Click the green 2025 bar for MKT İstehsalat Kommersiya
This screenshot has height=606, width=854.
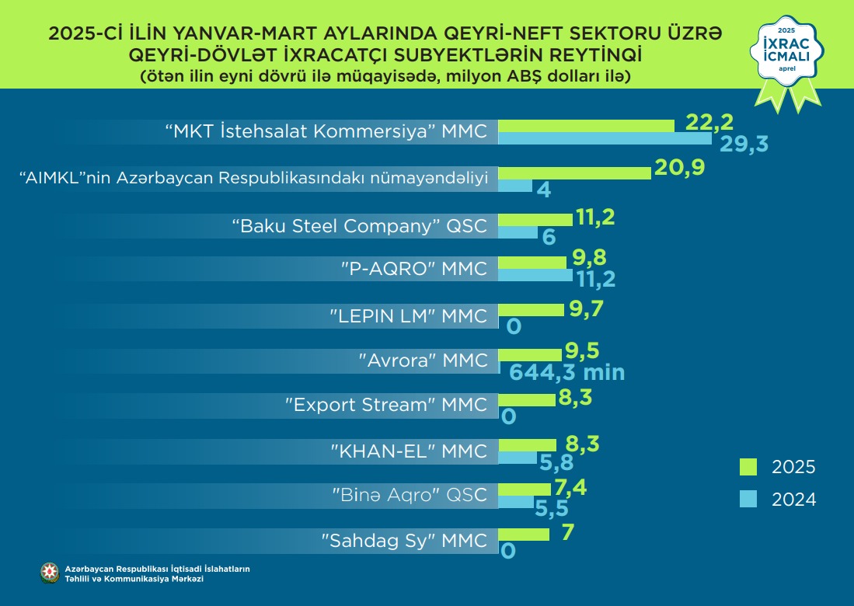tap(586, 126)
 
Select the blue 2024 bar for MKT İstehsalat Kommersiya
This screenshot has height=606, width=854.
tap(604, 139)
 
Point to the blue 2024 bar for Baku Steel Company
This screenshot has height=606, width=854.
tap(517, 232)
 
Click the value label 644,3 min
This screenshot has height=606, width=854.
tap(567, 372)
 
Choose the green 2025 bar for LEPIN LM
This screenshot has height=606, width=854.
tap(531, 310)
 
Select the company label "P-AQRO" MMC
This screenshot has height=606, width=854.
tap(414, 269)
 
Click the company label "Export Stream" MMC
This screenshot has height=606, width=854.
tap(387, 405)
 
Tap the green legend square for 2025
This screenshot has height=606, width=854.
tap(748, 466)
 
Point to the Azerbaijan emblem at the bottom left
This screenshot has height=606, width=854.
tap(50, 573)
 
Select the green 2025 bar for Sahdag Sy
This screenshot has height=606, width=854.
tap(523, 535)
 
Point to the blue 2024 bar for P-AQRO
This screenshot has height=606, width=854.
tap(535, 275)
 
